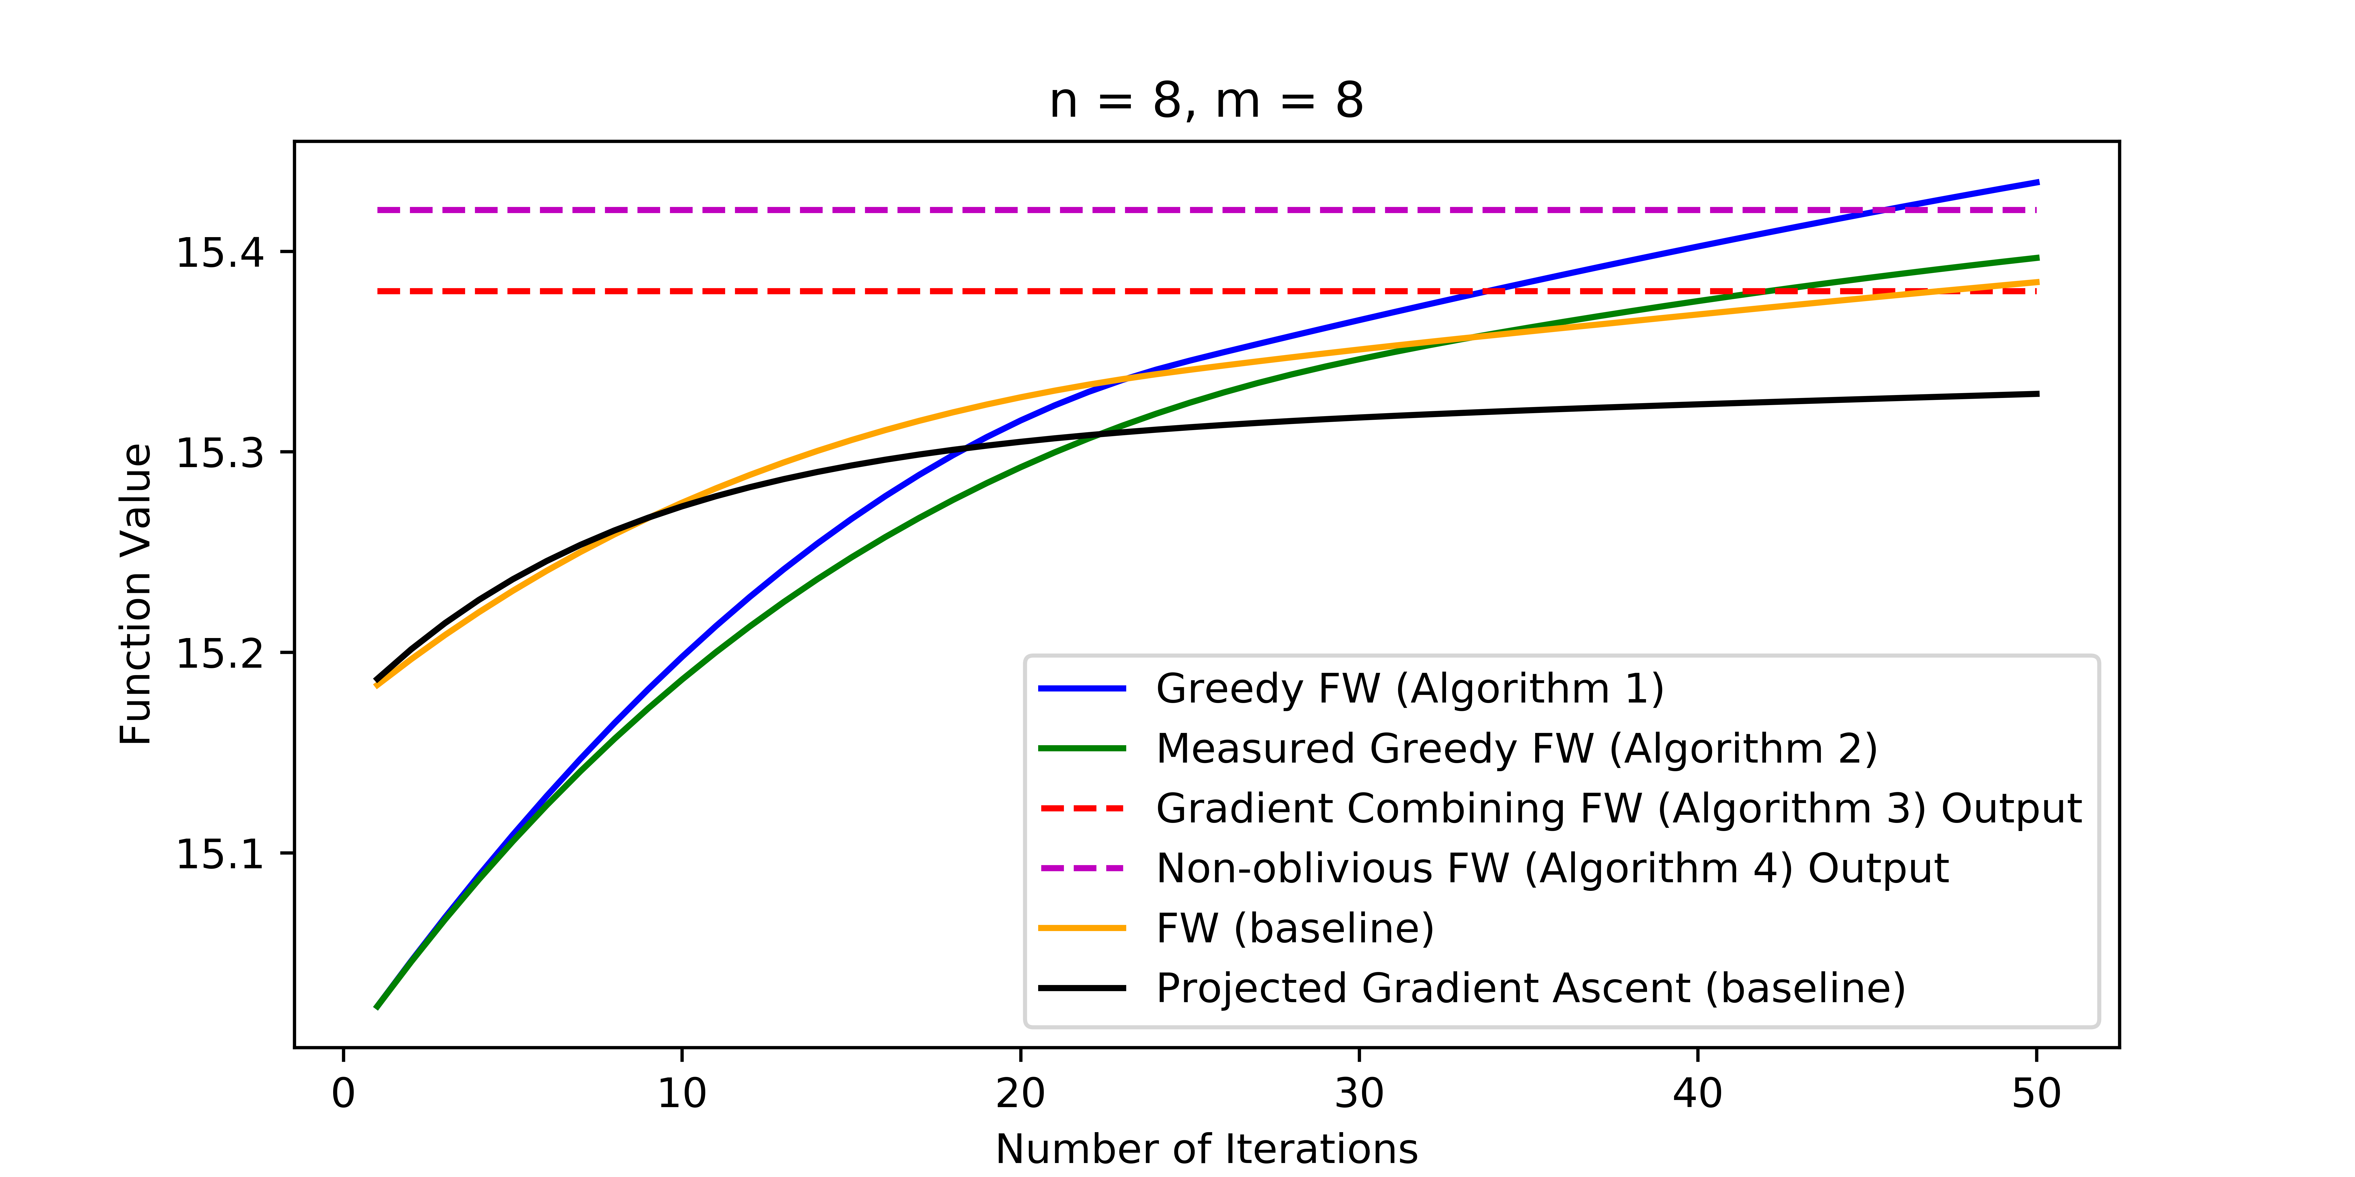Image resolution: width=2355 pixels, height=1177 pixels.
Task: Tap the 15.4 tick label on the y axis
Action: point(219,252)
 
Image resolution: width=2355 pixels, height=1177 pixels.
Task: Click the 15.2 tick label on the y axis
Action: point(219,653)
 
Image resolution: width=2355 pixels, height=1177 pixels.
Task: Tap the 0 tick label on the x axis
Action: point(343,1093)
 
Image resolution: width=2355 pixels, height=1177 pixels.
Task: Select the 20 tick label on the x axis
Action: point(1020,1093)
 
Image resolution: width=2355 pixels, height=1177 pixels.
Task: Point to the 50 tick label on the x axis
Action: point(2036,1093)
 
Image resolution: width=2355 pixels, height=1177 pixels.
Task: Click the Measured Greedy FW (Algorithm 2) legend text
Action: point(1516,748)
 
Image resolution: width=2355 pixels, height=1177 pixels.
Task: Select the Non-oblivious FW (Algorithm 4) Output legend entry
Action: point(1551,868)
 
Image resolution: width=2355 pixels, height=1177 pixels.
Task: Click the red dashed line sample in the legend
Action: point(1082,809)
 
